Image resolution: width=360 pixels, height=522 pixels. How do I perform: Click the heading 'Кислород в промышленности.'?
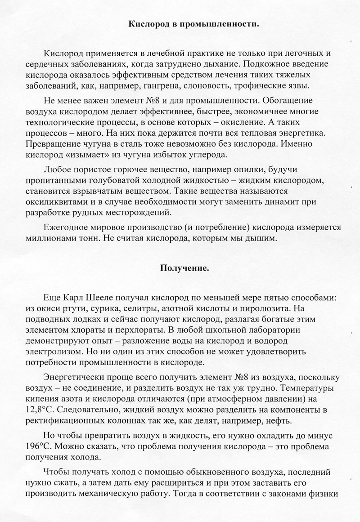point(194,24)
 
